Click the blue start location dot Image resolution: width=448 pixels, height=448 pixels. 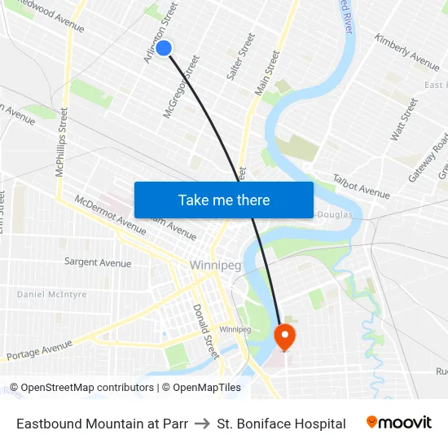coord(164,48)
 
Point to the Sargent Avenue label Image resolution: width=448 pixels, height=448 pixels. coord(98,262)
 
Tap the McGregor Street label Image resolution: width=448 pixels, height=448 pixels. coord(182,86)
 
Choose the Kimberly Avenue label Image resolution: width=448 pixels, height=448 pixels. coord(407,51)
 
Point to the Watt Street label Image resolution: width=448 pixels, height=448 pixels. coord(404,119)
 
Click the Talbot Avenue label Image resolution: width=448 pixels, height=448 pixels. coord(361,187)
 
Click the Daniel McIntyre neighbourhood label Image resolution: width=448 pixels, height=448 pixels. coord(51,294)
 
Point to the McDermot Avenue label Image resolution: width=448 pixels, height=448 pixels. coord(110,214)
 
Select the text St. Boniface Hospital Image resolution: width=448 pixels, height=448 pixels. coord(281,424)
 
